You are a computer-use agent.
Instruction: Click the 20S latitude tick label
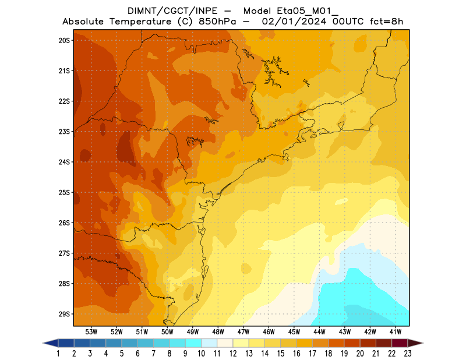pyautogui.click(x=64, y=40)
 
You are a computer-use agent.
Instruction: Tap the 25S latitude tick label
pyautogui.click(x=64, y=192)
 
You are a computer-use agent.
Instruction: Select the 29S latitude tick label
pyautogui.click(x=64, y=314)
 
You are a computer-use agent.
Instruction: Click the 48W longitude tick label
pyautogui.click(x=218, y=331)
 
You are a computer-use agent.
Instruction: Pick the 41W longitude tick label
pyautogui.click(x=396, y=331)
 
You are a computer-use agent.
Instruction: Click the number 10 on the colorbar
pyautogui.click(x=201, y=353)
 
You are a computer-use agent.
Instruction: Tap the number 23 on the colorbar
pyautogui.click(x=407, y=353)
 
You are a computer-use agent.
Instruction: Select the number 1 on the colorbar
pyautogui.click(x=59, y=353)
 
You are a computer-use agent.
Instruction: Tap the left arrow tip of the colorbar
pyautogui.click(x=44, y=343)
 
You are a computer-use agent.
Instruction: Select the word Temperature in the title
pyautogui.click(x=143, y=22)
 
